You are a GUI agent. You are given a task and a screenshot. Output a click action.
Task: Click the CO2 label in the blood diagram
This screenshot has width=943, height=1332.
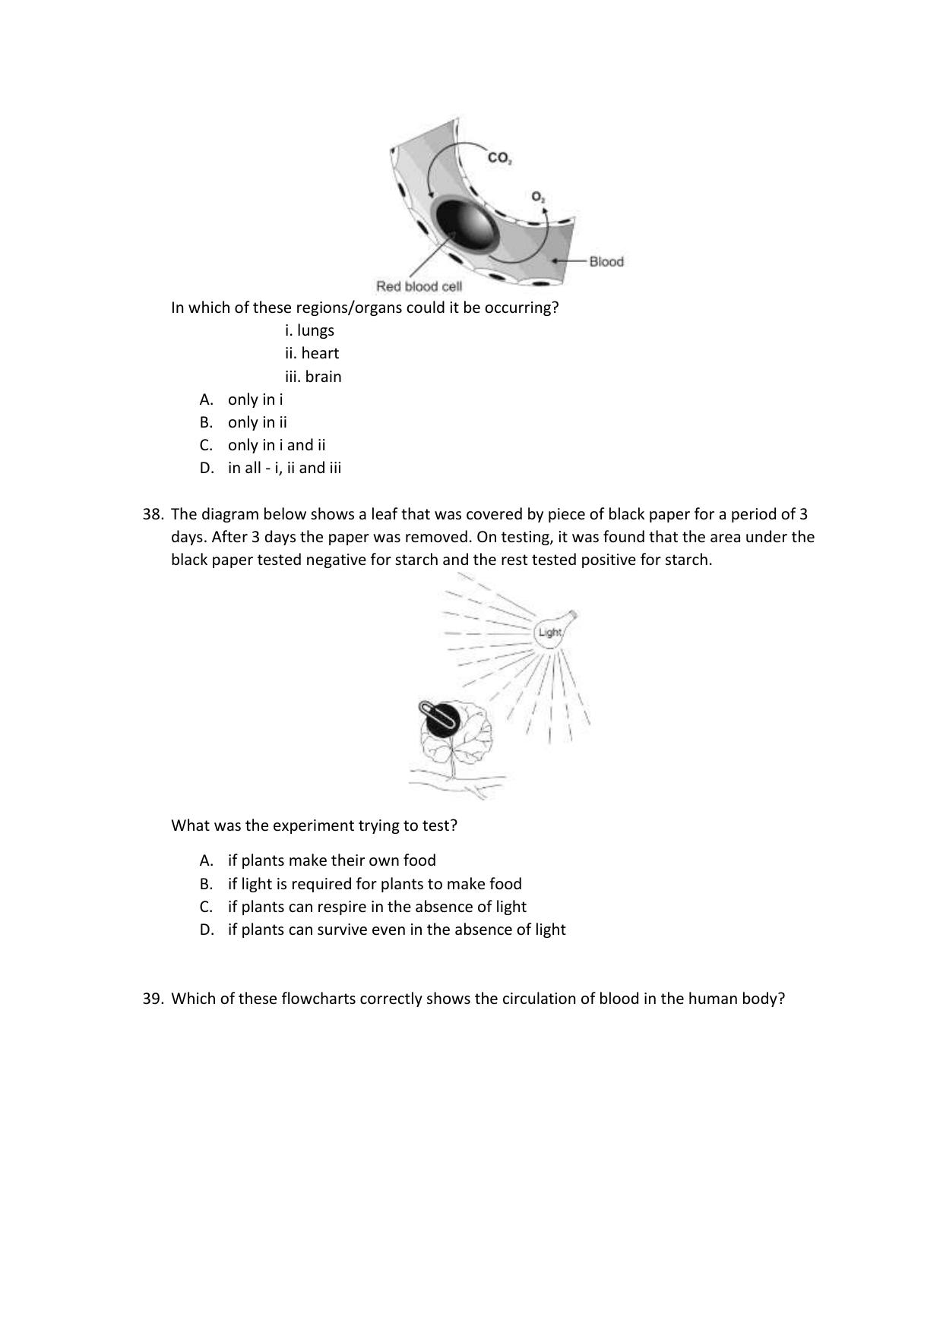pyautogui.click(x=499, y=159)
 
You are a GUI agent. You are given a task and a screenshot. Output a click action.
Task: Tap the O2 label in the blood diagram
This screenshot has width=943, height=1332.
pyautogui.click(x=538, y=197)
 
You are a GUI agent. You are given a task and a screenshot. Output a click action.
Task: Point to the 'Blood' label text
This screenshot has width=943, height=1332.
pyautogui.click(x=606, y=262)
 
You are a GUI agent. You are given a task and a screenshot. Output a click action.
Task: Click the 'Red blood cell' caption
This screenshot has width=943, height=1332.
pyautogui.click(x=419, y=287)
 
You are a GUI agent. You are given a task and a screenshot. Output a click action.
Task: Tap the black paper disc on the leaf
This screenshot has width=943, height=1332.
pyautogui.click(x=440, y=717)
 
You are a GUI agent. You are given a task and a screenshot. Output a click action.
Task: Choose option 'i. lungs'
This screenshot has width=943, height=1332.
pyautogui.click(x=309, y=330)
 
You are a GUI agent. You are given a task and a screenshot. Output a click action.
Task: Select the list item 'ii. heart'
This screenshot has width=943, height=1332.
pyautogui.click(x=312, y=353)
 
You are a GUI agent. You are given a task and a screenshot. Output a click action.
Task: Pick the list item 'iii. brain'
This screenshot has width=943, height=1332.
pyautogui.click(x=313, y=377)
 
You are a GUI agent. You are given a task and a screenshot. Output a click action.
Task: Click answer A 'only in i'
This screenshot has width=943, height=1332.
pyautogui.click(x=255, y=399)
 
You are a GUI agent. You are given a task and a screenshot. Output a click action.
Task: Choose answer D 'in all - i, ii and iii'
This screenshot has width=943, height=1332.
pyautogui.click(x=284, y=468)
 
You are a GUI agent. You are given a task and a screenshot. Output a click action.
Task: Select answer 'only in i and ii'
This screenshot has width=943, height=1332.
pyautogui.click(x=276, y=445)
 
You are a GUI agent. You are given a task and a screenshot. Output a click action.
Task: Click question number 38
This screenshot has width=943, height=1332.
pyautogui.click(x=153, y=514)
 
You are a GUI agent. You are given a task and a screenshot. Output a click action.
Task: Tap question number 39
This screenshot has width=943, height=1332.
pyautogui.click(x=153, y=999)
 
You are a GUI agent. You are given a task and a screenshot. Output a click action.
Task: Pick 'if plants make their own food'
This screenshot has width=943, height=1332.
pyautogui.click(x=331, y=860)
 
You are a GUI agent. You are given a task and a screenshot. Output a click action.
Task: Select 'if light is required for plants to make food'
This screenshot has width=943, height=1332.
pyautogui.click(x=375, y=884)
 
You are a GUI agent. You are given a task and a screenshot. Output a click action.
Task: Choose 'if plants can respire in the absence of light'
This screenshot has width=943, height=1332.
pyautogui.click(x=377, y=907)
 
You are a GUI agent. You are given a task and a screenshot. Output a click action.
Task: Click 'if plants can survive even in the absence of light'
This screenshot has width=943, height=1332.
pyautogui.click(x=396, y=930)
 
